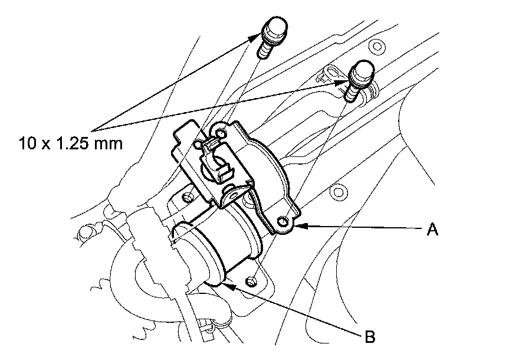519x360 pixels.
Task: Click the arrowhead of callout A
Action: (x=298, y=225)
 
